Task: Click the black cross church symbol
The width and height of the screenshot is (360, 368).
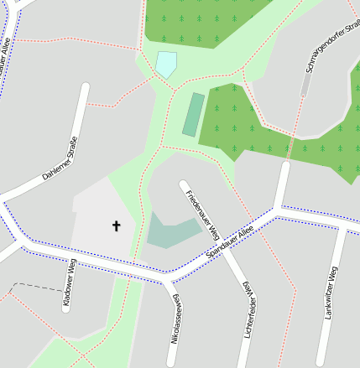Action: (x=116, y=225)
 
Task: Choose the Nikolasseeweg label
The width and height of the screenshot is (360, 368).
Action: (x=176, y=319)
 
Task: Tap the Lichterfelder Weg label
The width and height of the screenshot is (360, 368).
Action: (x=248, y=310)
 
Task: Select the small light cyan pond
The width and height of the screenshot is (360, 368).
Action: (x=166, y=64)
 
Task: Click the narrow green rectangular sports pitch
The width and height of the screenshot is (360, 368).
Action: (x=193, y=115)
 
